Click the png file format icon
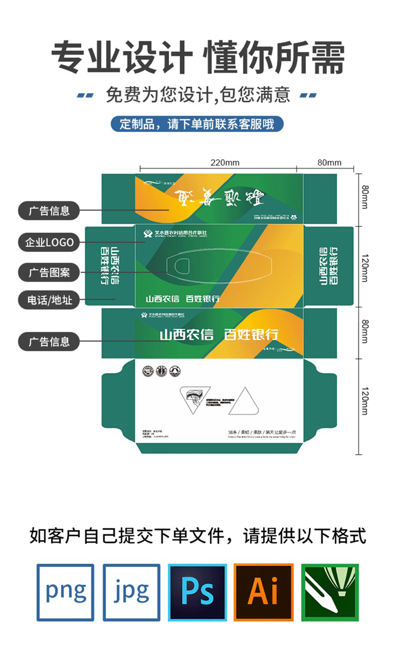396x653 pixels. tap(65, 592)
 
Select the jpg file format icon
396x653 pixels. tap(131, 592)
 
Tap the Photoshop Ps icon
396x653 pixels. tap(197, 592)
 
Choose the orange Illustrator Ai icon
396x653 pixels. tap(263, 592)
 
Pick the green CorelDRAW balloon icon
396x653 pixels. tap(329, 592)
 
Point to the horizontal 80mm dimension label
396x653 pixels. tap(329, 162)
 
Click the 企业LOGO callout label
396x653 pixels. tap(49, 243)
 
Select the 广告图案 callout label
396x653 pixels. tap(49, 273)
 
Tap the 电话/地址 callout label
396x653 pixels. tap(49, 300)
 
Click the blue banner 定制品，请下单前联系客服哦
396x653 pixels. tap(197, 124)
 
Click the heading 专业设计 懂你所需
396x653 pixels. tap(198, 58)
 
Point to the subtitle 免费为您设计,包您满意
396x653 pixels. tap(198, 94)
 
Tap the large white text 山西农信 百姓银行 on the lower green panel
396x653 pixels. tap(219, 334)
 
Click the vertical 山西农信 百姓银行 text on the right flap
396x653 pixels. tap(329, 265)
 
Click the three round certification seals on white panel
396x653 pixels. tap(161, 371)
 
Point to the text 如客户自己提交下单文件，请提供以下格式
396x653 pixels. tap(198, 536)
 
